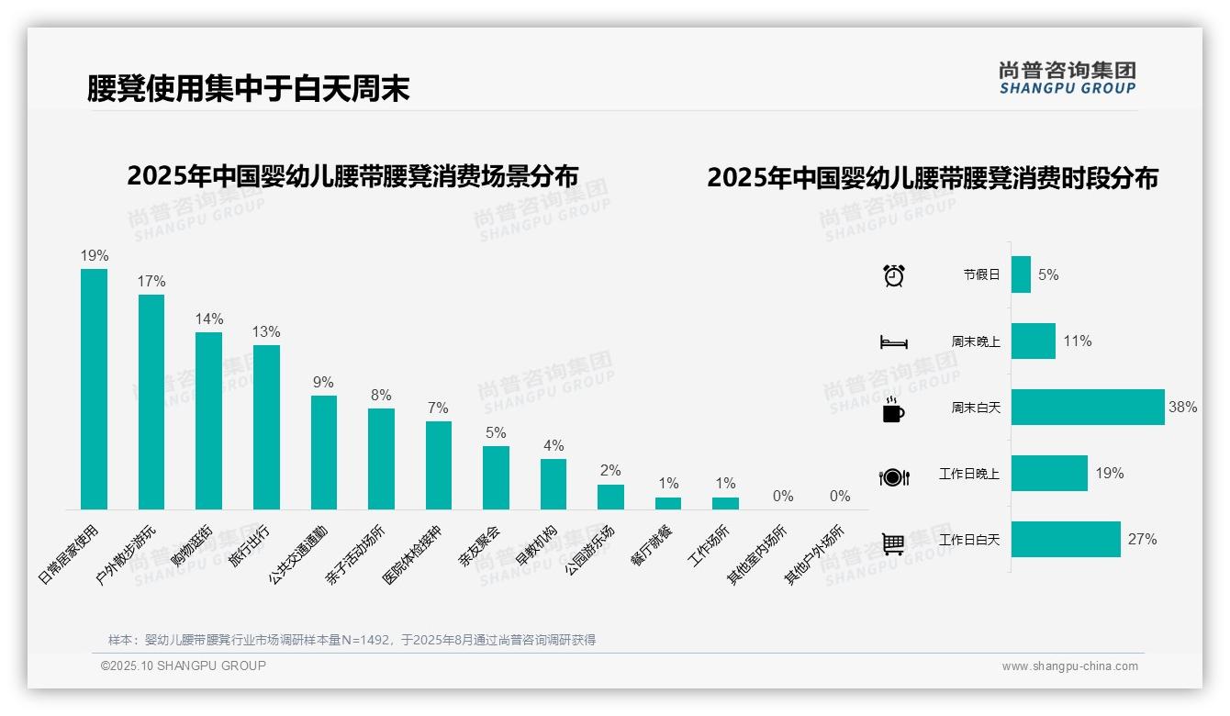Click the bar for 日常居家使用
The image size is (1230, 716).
(94, 389)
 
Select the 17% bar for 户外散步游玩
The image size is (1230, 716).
(151, 402)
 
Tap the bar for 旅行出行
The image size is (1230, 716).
(266, 427)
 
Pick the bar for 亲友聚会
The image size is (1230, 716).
(496, 477)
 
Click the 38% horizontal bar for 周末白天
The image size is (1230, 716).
(1088, 407)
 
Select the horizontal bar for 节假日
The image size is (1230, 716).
(1021, 274)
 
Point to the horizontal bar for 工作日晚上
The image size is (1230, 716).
(1049, 474)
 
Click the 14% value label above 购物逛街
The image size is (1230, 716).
(208, 319)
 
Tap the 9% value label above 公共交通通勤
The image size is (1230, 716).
(323, 382)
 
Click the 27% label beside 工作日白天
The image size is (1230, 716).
(1142, 540)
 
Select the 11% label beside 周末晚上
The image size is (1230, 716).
(1078, 341)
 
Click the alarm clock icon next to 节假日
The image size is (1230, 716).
(893, 275)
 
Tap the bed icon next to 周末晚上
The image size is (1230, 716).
(893, 342)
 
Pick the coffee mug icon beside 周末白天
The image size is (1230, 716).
(893, 409)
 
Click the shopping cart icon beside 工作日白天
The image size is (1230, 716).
(893, 543)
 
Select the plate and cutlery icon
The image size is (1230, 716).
(893, 476)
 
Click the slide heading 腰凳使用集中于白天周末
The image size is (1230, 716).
(248, 88)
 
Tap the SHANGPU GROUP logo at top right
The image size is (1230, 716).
(1067, 78)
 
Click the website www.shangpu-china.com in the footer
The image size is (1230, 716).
(1069, 666)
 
